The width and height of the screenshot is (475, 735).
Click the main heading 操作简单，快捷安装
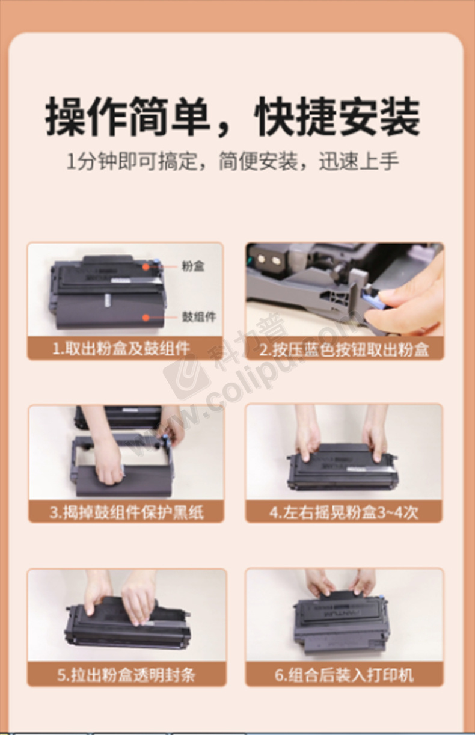point(233,116)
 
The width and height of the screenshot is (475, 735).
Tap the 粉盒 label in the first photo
point(193,266)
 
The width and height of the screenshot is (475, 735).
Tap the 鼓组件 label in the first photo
point(199,317)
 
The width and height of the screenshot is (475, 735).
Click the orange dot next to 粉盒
point(146,267)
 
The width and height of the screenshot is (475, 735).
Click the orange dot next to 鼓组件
point(146,318)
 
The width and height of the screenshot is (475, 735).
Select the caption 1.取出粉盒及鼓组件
point(121,348)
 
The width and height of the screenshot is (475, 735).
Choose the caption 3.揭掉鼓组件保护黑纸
point(127,512)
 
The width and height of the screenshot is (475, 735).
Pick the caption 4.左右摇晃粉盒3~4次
point(344,512)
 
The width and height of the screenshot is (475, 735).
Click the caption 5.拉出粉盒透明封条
point(127,675)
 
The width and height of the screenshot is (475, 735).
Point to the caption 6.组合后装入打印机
point(344,675)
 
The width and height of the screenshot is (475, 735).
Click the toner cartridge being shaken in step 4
point(342,467)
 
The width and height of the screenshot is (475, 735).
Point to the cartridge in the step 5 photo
point(127,624)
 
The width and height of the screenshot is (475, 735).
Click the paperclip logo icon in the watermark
point(186,377)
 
